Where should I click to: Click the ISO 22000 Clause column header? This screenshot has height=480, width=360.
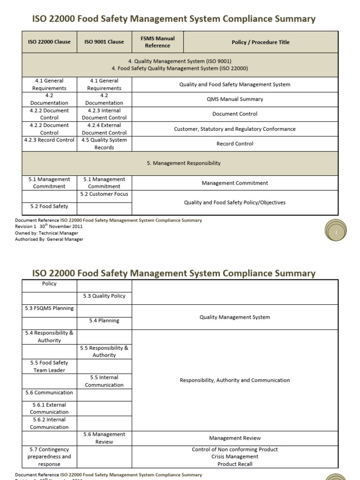[x=49, y=42]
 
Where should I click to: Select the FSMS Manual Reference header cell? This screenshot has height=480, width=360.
[x=157, y=42]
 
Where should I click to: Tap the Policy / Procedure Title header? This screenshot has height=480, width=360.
[x=261, y=42]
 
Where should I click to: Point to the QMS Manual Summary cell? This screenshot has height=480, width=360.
[x=235, y=99]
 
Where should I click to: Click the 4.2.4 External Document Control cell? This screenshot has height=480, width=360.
[x=104, y=129]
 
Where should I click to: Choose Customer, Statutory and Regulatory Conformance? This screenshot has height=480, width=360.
[x=235, y=129]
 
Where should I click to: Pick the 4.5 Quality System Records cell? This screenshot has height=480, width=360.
[x=104, y=144]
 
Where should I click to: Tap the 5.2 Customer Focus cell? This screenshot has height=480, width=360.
[x=104, y=194]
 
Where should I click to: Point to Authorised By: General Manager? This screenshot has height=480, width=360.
[x=49, y=239]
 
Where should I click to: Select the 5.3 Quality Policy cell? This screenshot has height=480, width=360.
[x=104, y=296]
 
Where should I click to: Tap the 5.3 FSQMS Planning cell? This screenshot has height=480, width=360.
[x=49, y=308]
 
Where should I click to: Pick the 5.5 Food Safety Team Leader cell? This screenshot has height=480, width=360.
[x=49, y=367]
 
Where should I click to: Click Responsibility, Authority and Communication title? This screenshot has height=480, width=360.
[x=235, y=380]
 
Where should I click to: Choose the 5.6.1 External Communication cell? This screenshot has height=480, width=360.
[x=49, y=408]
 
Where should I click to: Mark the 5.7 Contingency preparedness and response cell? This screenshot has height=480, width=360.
[x=49, y=457]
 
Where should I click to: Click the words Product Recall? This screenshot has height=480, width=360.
[x=235, y=464]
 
